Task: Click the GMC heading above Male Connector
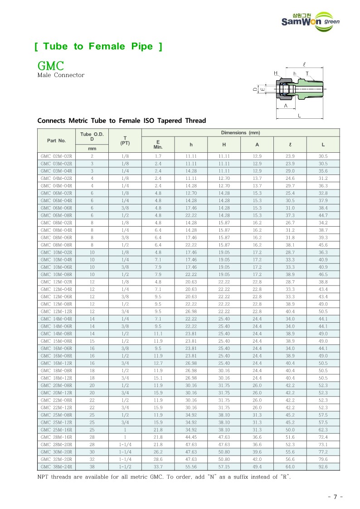(x=50, y=66)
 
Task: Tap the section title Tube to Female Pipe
(x=98, y=46)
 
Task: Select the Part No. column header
(x=57, y=141)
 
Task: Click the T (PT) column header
(x=125, y=141)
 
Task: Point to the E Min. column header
(x=158, y=144)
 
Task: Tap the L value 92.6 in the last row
(x=323, y=467)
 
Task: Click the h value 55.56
(x=191, y=467)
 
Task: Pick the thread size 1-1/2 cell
(x=125, y=467)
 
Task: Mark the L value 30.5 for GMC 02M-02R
(x=323, y=156)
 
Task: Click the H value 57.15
(x=224, y=467)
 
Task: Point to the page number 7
(x=335, y=497)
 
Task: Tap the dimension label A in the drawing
(x=285, y=105)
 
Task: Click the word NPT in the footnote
(x=44, y=477)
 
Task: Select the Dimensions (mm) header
(x=240, y=132)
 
